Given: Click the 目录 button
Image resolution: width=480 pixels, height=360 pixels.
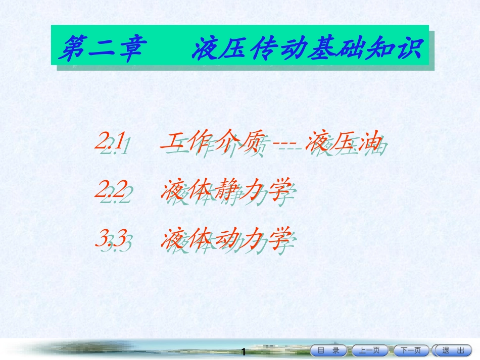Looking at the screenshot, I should (329, 350).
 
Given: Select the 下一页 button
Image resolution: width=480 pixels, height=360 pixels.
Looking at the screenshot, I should (411, 350).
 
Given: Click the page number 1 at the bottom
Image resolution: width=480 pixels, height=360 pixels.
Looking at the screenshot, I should (244, 351).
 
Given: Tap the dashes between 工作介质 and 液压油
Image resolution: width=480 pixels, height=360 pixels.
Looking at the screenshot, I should (286, 144).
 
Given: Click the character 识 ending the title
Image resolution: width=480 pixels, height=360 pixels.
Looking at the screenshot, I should (409, 48).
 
